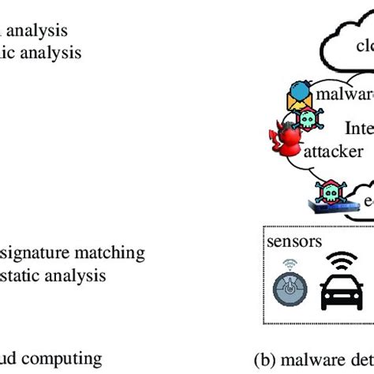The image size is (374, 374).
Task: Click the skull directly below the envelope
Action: (x=307, y=120)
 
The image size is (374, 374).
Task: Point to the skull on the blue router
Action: (x=328, y=192)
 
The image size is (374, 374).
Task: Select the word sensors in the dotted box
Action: (x=294, y=241)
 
